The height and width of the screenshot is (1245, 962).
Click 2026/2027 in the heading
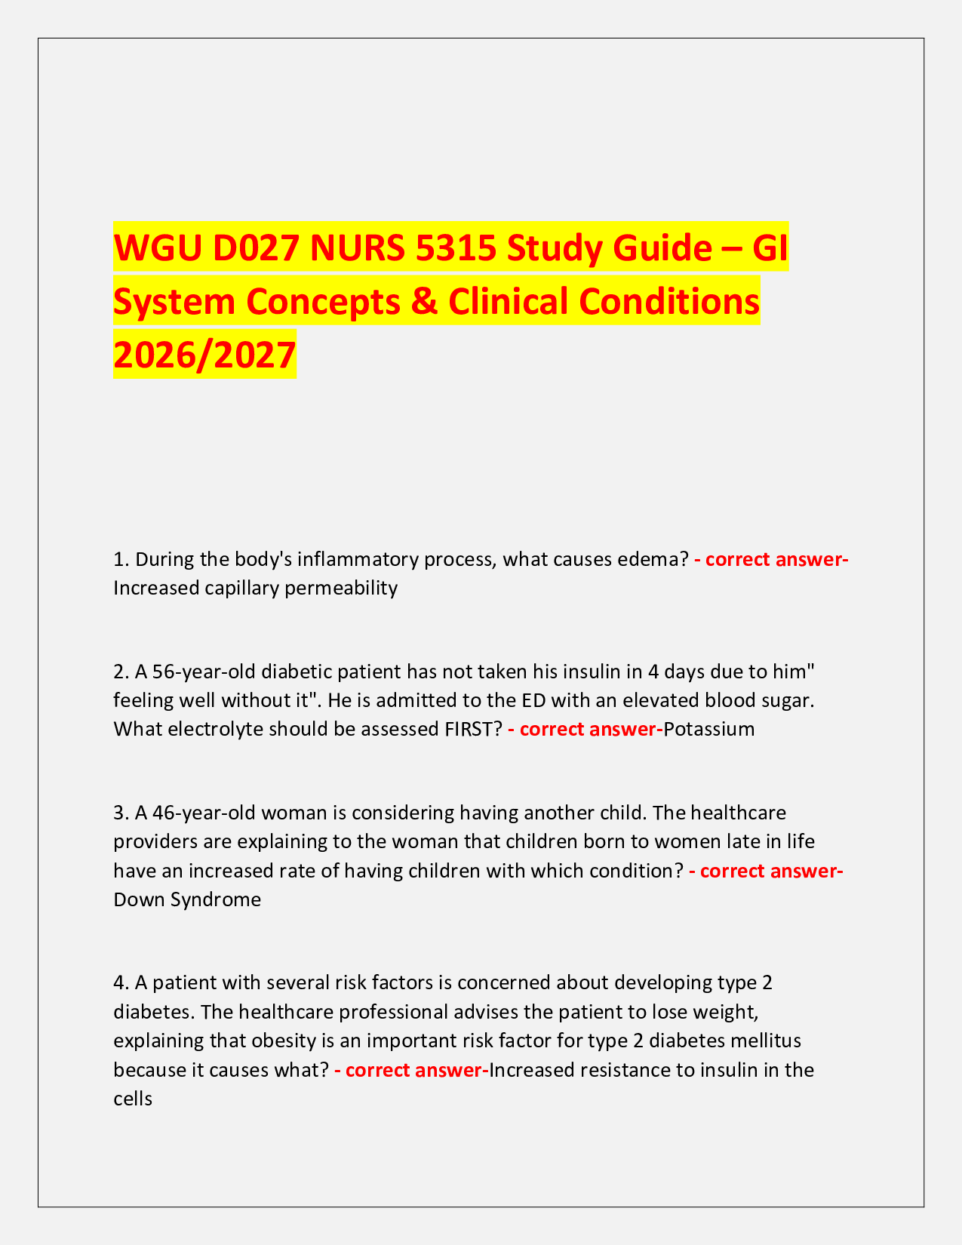[204, 355]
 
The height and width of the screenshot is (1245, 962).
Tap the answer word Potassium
[709, 729]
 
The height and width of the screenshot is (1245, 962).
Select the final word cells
[133, 1099]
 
